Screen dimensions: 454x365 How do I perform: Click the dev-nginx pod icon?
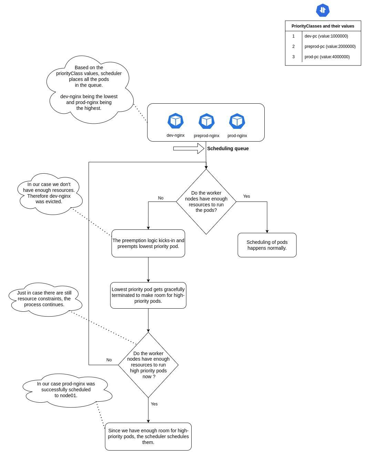tap(175, 121)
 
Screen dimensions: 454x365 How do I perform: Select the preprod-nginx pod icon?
tap(206, 121)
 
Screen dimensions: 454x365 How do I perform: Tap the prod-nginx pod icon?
tap(237, 121)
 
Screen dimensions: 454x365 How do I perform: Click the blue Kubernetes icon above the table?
tap(323, 10)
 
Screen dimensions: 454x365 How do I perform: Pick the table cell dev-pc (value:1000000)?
tap(326, 36)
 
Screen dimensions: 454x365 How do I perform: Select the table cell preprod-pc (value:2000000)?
tap(330, 47)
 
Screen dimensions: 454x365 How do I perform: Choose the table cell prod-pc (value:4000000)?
tap(327, 57)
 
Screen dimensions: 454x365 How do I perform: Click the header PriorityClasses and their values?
tap(323, 26)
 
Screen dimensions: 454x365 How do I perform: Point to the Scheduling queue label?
tap(228, 148)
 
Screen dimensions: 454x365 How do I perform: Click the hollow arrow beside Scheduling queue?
tap(189, 148)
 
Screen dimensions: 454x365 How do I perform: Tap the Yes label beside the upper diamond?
tap(246, 196)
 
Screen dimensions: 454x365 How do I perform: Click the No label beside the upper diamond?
tap(161, 198)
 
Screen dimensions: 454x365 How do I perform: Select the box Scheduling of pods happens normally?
tap(267, 245)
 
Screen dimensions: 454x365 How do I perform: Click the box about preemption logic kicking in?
tap(148, 243)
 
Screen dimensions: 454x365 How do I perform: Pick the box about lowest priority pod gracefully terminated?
tap(148, 295)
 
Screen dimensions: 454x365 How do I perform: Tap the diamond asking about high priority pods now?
tap(148, 365)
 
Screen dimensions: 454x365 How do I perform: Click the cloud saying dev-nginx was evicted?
tap(49, 193)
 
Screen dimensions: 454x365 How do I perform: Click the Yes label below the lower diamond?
tap(154, 404)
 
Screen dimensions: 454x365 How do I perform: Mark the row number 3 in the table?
tap(293, 57)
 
